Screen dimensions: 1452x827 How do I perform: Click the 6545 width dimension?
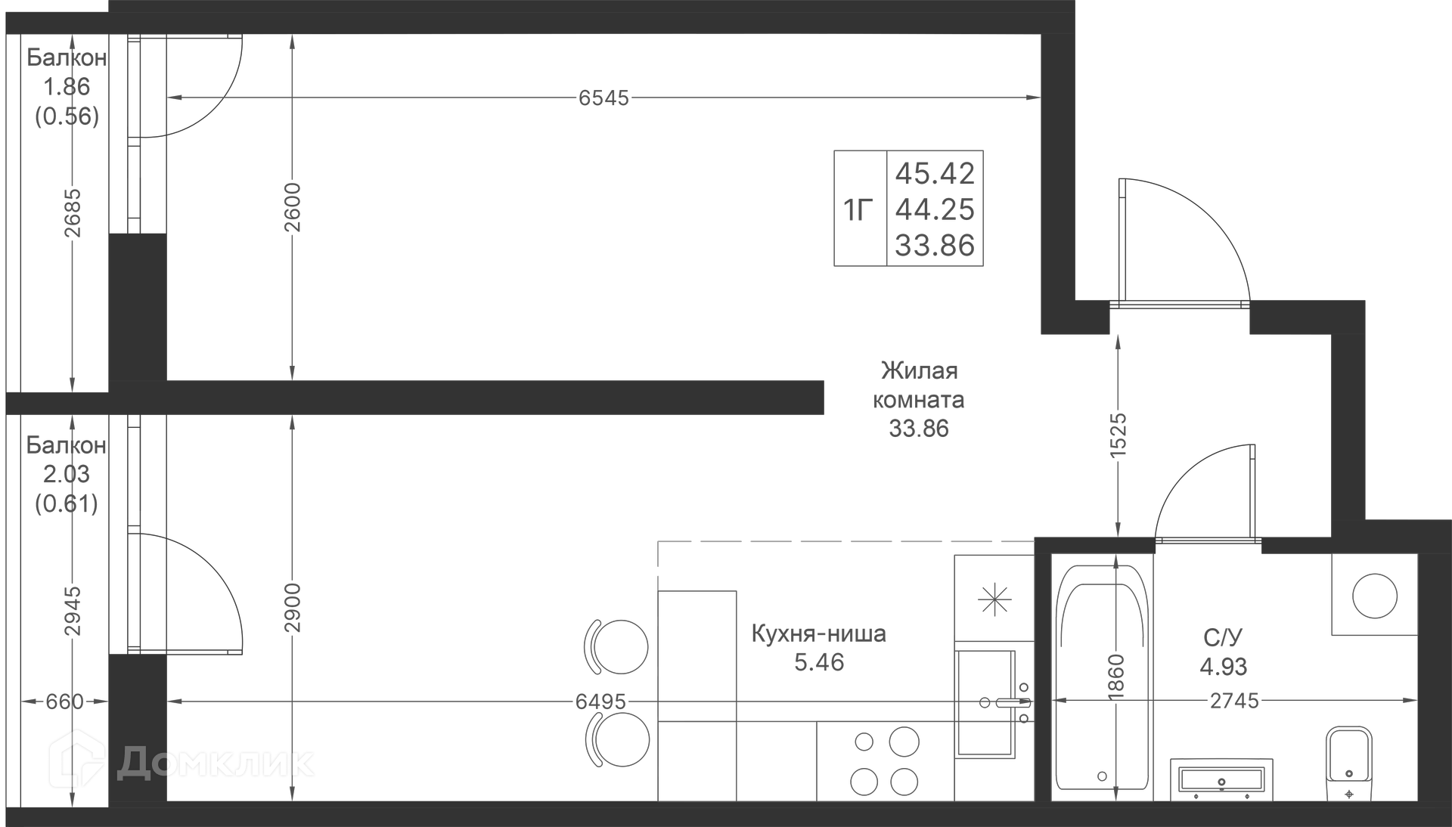pyautogui.click(x=603, y=98)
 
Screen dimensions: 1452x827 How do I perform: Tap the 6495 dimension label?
pyautogui.click(x=600, y=702)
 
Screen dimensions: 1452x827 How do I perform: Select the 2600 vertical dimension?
pyautogui.click(x=293, y=207)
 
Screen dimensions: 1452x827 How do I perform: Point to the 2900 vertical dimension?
pyautogui.click(x=293, y=607)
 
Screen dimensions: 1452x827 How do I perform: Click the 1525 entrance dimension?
pyautogui.click(x=1118, y=433)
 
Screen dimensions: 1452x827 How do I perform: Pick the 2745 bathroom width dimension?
pyautogui.click(x=1234, y=701)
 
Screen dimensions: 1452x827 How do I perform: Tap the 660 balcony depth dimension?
pyautogui.click(x=64, y=702)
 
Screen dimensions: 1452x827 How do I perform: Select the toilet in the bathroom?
pyautogui.click(x=1349, y=764)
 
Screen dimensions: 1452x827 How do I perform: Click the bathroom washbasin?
pyautogui.click(x=1221, y=779)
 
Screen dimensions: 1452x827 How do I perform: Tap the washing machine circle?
pyautogui.click(x=1374, y=596)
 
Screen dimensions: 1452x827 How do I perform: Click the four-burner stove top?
pyautogui.click(x=885, y=761)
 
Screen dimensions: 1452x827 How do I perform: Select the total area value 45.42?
pyautogui.click(x=935, y=173)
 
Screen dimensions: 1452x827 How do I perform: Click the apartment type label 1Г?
pyautogui.click(x=858, y=209)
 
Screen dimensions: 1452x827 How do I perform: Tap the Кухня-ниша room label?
pyautogui.click(x=818, y=633)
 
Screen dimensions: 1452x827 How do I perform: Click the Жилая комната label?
pyautogui.click(x=919, y=385)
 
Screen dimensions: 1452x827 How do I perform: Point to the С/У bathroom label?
pyautogui.click(x=1223, y=638)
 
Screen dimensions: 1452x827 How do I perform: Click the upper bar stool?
pyautogui.click(x=617, y=647)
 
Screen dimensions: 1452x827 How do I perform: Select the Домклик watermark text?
pyautogui.click(x=181, y=762)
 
